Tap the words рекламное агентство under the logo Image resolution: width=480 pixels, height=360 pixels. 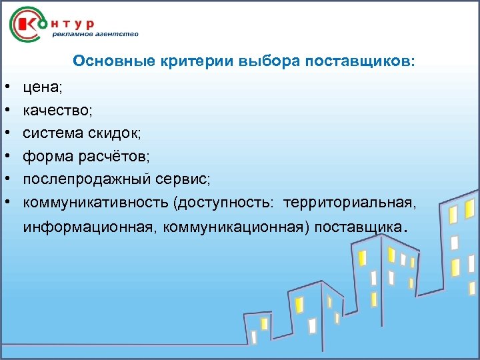[x=96, y=34]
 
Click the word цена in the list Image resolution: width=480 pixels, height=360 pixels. [x=38, y=86]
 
